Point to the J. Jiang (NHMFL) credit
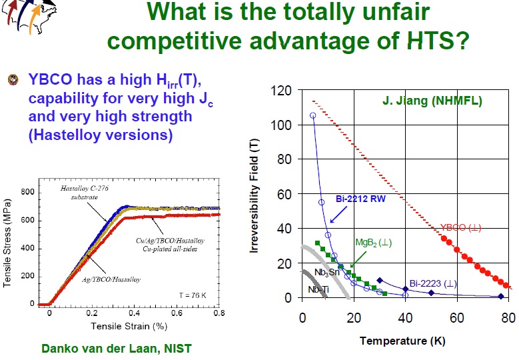(432, 101)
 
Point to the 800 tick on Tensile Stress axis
(27, 191)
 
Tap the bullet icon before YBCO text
(11, 79)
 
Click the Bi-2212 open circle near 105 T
(313, 115)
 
